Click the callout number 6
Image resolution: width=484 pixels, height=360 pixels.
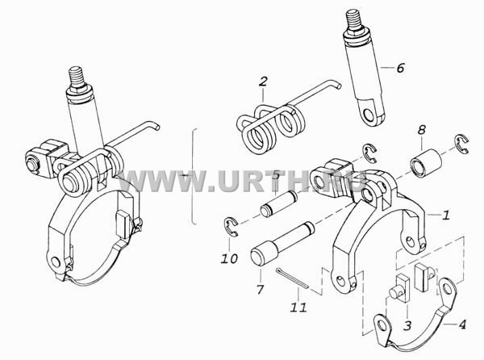(x=400, y=67)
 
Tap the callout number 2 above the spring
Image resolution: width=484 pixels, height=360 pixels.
(x=263, y=82)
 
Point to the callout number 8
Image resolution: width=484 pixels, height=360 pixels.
(x=421, y=130)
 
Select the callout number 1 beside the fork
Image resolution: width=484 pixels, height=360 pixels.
(x=446, y=215)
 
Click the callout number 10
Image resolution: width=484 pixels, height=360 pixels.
(x=229, y=258)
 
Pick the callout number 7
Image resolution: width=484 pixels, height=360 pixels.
(x=261, y=289)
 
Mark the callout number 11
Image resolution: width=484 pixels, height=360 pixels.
(x=298, y=308)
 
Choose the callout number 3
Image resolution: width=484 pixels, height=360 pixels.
(x=407, y=324)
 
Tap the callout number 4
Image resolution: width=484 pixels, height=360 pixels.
(x=462, y=324)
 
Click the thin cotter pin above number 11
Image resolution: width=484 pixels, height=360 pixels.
(x=292, y=278)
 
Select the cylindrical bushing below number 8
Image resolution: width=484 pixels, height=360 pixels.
(x=426, y=163)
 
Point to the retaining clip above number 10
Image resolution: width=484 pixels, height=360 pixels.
(x=230, y=227)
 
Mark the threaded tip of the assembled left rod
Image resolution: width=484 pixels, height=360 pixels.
(x=77, y=76)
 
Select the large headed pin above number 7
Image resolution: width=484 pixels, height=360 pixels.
(x=282, y=244)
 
